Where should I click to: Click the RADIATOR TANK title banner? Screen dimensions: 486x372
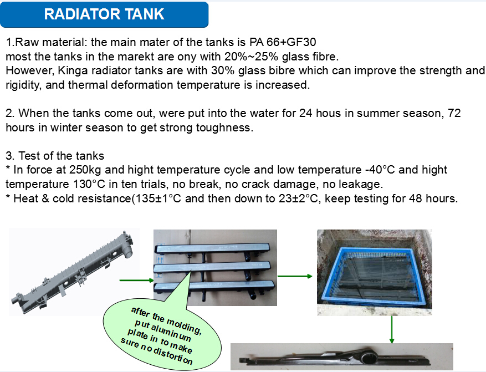click(104, 14)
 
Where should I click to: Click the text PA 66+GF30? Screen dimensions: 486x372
click(283, 42)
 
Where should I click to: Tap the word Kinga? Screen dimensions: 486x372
click(73, 71)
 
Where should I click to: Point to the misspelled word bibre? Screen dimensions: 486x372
click(280, 70)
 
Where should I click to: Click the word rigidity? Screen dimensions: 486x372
click(23, 85)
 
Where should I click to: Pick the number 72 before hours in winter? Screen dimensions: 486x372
click(454, 113)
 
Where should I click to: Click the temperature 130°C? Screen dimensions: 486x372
click(89, 184)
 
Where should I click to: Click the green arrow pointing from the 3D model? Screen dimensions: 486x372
click(137, 280)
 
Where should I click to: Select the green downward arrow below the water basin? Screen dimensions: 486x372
click(392, 329)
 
